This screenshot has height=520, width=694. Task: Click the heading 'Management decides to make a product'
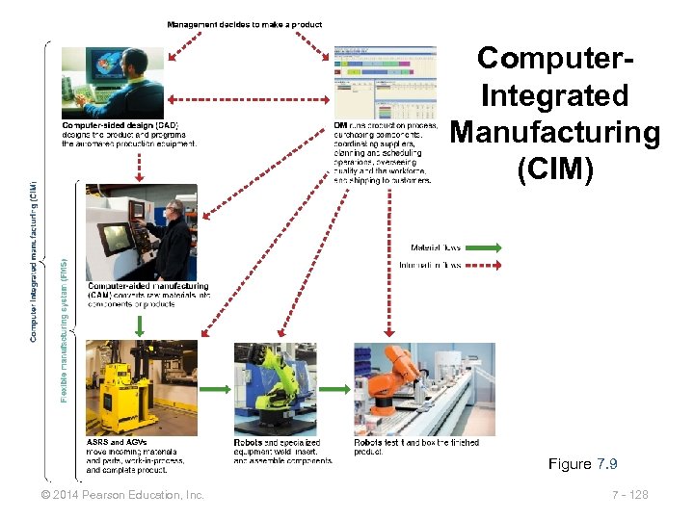[x=245, y=24]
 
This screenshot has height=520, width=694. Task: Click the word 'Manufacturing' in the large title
[x=555, y=133]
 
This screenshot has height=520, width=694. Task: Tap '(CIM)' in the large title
[x=555, y=169]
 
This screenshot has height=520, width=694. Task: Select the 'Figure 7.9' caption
[x=582, y=464]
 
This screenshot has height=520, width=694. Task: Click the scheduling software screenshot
[x=385, y=81]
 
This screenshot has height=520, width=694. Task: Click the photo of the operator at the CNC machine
[x=141, y=232]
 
